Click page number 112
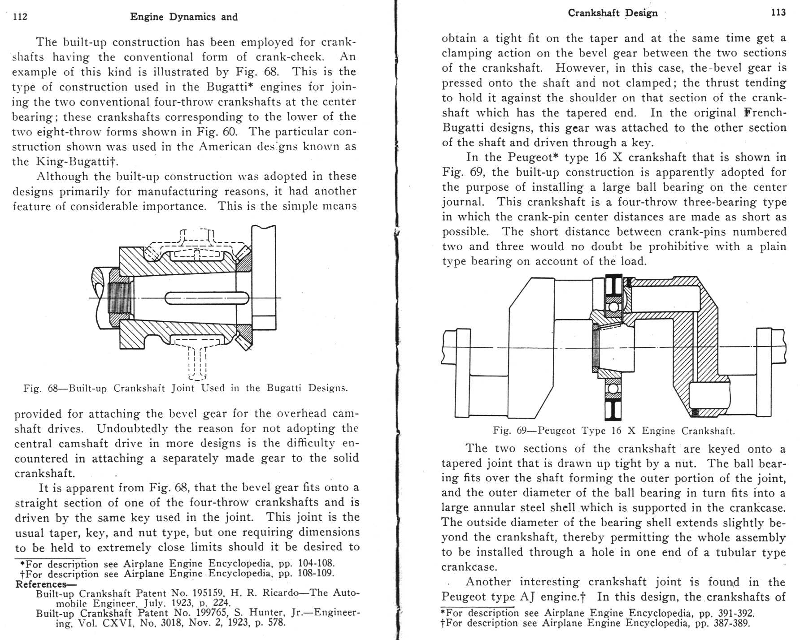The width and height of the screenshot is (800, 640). click(20, 17)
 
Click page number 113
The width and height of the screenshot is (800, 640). click(778, 13)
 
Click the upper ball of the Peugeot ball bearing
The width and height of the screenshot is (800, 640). click(613, 307)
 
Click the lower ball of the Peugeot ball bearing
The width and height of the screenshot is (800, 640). click(613, 388)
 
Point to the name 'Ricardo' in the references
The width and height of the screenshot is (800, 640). click(281, 593)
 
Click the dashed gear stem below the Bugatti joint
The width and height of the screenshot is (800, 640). click(197, 361)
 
